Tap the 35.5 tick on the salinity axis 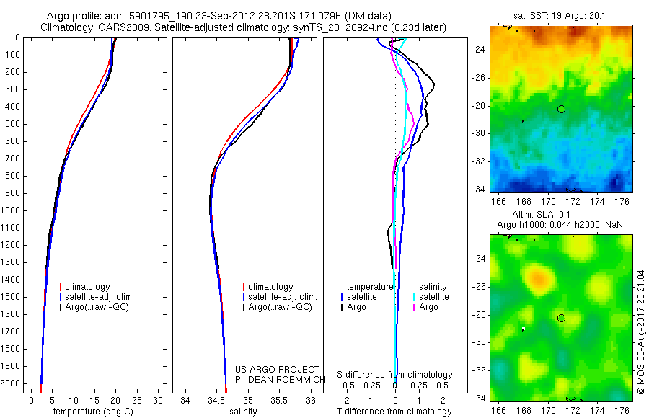(x=279, y=400)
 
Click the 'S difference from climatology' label (x=395, y=375)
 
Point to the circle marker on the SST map (x=561, y=109)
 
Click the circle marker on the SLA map (x=561, y=318)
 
